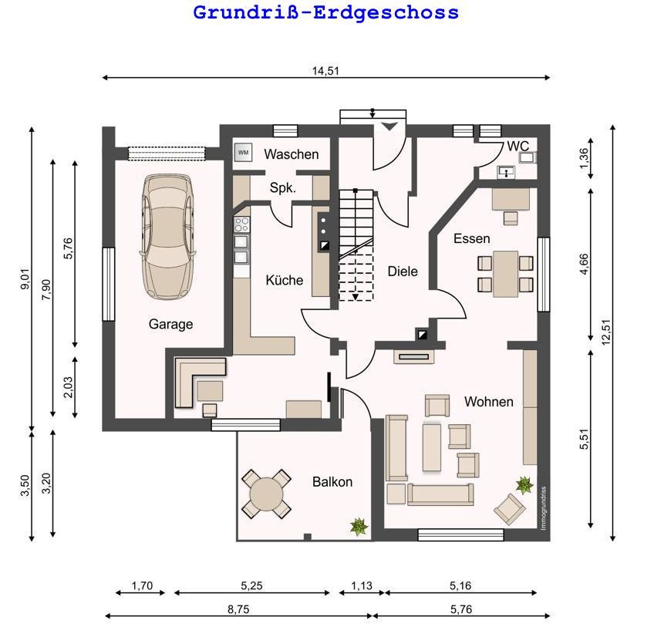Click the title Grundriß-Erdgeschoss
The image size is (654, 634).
(325, 12)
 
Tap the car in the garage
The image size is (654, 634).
(167, 236)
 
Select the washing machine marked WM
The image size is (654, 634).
(243, 152)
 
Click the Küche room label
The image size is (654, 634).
(285, 280)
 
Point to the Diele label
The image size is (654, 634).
(403, 271)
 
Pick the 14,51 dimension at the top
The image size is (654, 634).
(325, 71)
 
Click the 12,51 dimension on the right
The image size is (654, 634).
(606, 332)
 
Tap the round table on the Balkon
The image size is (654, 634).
(266, 494)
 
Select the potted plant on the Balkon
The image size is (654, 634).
(359, 527)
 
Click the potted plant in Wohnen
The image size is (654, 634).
(524, 485)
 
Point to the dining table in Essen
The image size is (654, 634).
(505, 274)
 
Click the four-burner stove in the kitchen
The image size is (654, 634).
(241, 224)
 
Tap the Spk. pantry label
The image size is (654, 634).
(283, 187)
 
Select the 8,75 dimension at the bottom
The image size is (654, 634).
(238, 609)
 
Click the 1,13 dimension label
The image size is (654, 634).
(362, 585)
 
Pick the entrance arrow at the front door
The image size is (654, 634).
(389, 126)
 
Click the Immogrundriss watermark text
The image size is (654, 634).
(543, 508)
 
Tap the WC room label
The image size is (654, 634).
(518, 147)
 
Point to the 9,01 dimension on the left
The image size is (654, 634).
(25, 279)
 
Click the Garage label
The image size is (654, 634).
(171, 324)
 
